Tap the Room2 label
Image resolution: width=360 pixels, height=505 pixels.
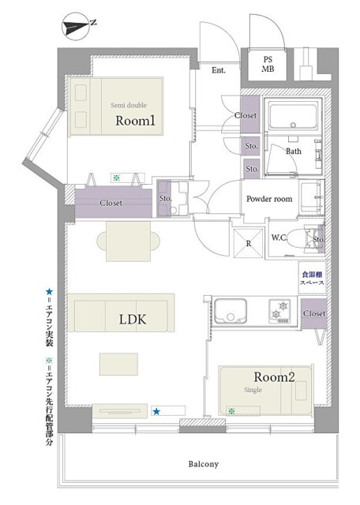274,378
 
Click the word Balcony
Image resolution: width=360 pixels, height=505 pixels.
203,464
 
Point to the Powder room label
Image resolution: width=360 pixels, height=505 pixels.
269,200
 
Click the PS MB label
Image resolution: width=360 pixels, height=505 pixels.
268,64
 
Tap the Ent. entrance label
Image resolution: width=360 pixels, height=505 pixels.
219,70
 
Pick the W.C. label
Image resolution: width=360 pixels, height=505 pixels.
257,237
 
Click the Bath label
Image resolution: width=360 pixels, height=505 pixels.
293,151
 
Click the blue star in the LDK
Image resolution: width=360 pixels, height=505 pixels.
156,411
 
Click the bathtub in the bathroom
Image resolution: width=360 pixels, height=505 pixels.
291,118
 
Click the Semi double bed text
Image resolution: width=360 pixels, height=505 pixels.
128,104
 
